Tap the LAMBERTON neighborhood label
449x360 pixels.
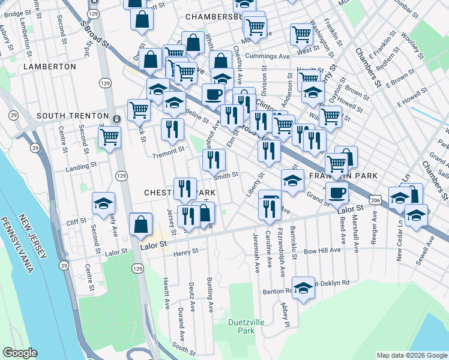tap(50, 67)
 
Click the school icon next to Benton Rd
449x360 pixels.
tap(303, 287)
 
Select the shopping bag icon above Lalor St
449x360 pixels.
tap(140, 224)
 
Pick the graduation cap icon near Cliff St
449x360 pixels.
tap(104, 203)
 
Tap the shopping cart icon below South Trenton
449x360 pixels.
tap(109, 136)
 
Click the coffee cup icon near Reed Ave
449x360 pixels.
tap(337, 192)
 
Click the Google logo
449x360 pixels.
tap(20, 353)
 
